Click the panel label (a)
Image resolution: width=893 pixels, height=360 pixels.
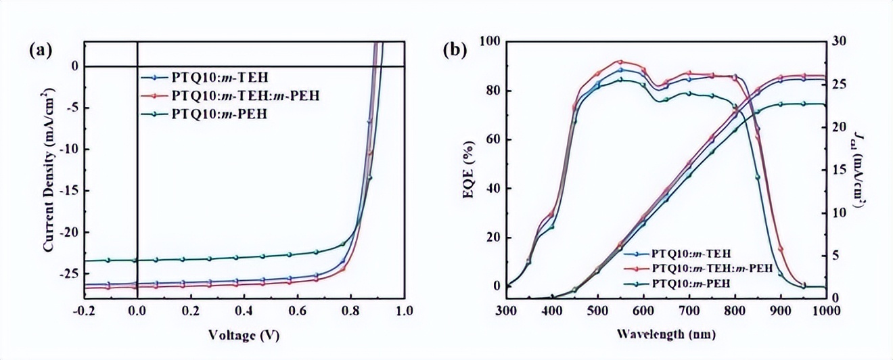tap(39, 49)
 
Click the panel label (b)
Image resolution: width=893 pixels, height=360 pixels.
tap(454, 49)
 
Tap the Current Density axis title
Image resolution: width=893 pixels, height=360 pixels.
tap(49, 170)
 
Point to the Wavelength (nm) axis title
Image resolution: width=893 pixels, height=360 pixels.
tap(666, 334)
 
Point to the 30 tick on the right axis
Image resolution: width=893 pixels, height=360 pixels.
tap(840, 42)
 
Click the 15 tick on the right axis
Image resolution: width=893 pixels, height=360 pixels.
tap(840, 170)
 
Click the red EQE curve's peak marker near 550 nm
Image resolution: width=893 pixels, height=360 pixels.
tap(620, 62)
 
